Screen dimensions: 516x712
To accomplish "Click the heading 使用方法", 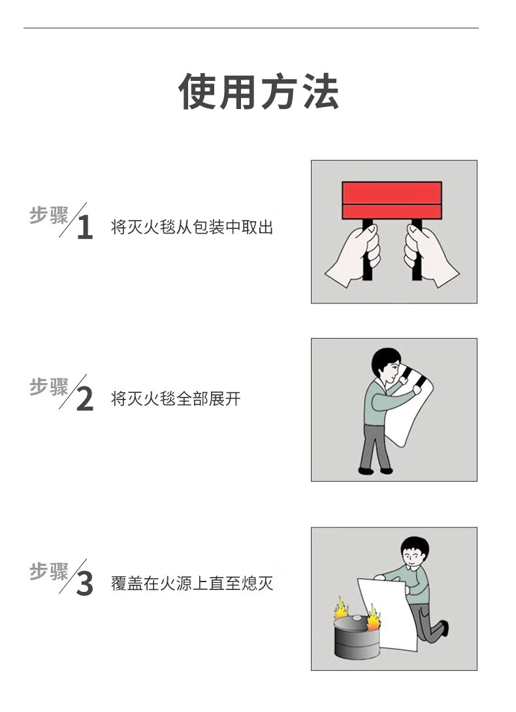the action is point(258,91).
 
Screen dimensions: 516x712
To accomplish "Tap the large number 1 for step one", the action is point(85,227).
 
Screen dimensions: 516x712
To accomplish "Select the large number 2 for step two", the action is point(85,399).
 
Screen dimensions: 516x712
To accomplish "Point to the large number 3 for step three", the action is point(84,584).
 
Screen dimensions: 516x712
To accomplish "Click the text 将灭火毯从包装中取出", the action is point(192,227).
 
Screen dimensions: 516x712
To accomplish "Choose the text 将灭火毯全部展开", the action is point(176,399).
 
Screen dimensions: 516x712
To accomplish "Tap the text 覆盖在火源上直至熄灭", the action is point(192,583).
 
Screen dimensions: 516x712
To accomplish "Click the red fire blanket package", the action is point(392,200).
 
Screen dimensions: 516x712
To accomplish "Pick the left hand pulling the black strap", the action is point(354,256).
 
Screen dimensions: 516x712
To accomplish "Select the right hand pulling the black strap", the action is point(430,256).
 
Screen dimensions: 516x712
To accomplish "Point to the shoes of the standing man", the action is point(375,471).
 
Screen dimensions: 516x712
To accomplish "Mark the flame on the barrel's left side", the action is point(342,610).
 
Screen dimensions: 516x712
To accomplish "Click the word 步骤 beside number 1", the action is point(48,215).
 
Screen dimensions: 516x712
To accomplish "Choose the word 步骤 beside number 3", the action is point(48,571).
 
